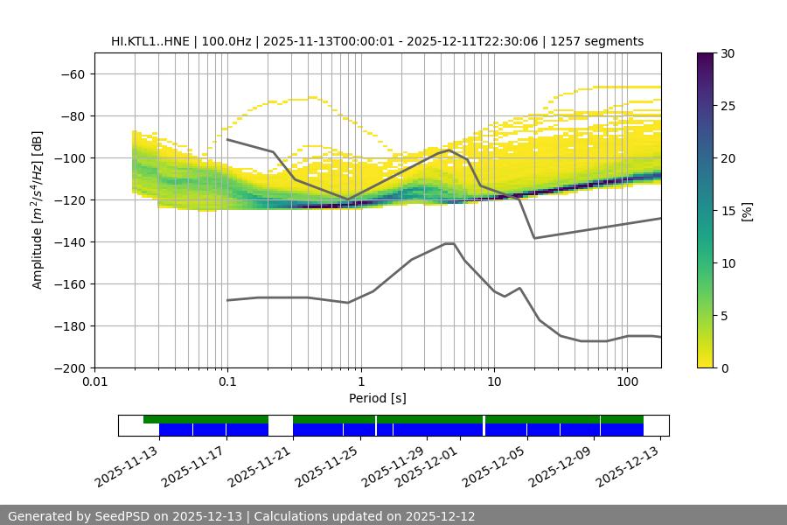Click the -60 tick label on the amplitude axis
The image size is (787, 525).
tap(73, 73)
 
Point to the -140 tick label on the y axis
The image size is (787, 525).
tap(70, 241)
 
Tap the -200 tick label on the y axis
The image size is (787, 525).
tap(70, 367)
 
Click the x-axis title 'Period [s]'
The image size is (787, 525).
tap(378, 398)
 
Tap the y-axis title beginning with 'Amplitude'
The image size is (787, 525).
tap(38, 210)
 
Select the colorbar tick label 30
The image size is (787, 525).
tap(728, 53)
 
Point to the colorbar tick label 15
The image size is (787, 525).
tap(728, 211)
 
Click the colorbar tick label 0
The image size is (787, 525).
tap(725, 367)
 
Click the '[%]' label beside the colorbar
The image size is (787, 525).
tap(747, 210)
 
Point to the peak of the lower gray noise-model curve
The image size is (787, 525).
tap(449, 243)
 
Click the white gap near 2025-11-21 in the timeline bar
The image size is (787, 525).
tap(281, 425)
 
